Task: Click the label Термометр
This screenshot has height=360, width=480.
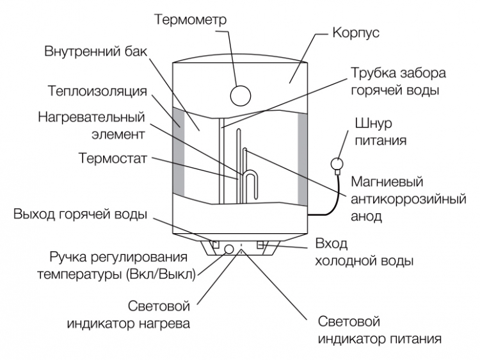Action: point(191,19)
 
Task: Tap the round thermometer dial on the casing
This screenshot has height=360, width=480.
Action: point(240,95)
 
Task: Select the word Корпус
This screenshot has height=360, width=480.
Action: point(356,33)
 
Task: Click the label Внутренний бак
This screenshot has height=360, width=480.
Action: point(96,51)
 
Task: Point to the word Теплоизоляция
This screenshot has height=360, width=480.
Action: point(98,91)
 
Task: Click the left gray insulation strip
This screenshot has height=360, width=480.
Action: point(179,151)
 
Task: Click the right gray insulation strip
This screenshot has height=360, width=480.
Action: point(303,160)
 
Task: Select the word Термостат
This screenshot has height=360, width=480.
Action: point(113,158)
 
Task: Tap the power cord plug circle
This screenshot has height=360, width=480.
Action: point(337,164)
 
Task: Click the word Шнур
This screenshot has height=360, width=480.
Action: point(374,123)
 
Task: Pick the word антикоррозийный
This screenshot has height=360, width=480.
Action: point(409,199)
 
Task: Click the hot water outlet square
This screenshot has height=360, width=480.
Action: point(216,244)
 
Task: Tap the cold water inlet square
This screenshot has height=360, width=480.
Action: point(260,245)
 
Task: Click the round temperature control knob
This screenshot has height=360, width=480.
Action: point(229,249)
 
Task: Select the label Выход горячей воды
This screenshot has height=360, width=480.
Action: point(81,214)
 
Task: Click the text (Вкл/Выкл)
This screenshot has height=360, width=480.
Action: point(161,274)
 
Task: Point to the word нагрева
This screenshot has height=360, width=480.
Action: point(164,323)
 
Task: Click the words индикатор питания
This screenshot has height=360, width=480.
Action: point(380,339)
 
